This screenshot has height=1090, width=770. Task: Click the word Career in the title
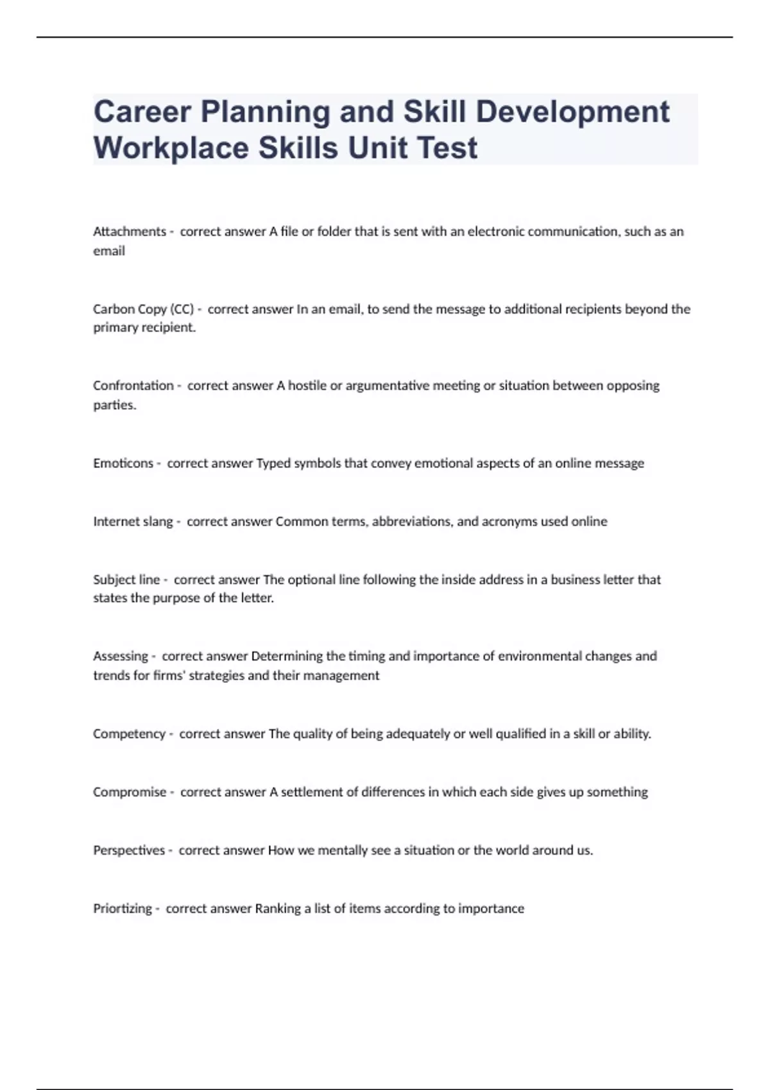[142, 112]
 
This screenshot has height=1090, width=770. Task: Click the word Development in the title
[572, 112]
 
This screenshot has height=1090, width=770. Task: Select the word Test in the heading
[447, 148]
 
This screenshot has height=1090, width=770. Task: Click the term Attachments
[130, 231]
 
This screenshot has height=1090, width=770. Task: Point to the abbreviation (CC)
[182, 309]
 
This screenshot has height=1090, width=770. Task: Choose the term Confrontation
[133, 385]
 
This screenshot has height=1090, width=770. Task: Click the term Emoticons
[123, 463]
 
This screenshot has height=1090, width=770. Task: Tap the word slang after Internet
[158, 521]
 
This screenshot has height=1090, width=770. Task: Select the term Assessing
[121, 656]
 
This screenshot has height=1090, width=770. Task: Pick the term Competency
[129, 734]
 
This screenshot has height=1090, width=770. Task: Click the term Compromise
[130, 792]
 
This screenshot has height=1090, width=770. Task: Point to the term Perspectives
[129, 850]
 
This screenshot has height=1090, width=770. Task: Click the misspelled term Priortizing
[123, 909]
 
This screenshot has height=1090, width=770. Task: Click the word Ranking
[278, 909]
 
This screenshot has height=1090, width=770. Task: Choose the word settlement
[312, 792]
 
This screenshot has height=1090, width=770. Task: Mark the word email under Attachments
[109, 251]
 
